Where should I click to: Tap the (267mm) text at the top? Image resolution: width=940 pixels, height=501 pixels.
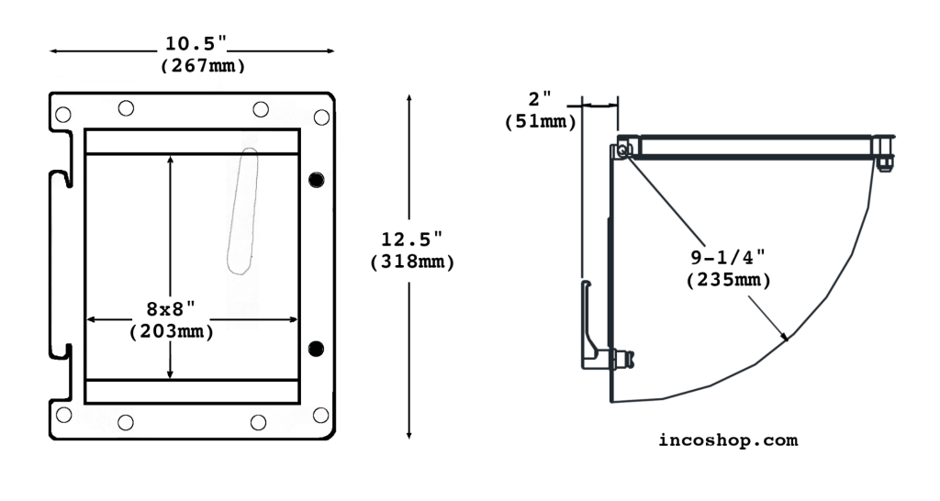coord(202,65)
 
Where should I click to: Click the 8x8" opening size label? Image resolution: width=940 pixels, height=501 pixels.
coord(172,310)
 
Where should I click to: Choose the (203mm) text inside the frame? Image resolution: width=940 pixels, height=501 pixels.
coord(172,331)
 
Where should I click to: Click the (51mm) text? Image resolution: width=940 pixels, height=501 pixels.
coord(541,120)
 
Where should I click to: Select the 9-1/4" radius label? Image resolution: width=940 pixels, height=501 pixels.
coord(729,260)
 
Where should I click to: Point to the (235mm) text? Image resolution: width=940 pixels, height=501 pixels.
coord(729,281)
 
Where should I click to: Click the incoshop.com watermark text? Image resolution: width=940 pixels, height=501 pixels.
coord(728,440)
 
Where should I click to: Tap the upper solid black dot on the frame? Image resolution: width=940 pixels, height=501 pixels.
coord(317,179)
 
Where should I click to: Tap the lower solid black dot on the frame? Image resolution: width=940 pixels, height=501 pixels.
coord(317,348)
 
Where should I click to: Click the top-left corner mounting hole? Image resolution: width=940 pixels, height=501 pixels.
coord(62,115)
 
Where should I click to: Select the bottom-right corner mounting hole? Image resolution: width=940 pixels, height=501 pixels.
coord(320,415)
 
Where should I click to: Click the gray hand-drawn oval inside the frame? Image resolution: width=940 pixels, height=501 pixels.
coord(242,210)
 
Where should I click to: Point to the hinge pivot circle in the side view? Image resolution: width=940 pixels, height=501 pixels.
coord(623,150)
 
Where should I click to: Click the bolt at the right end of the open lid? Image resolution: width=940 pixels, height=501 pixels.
coord(885,152)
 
